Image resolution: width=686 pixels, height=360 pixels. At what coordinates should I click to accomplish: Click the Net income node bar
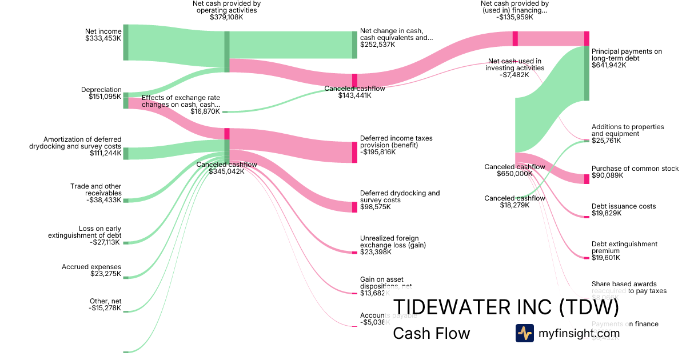[126, 42]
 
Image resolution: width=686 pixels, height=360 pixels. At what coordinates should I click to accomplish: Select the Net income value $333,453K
[103, 39]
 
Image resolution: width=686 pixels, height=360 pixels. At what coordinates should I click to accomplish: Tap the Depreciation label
[101, 90]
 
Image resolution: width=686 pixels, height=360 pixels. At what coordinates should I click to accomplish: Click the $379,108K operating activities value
[226, 17]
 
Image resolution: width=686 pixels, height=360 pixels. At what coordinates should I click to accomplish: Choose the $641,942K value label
[609, 65]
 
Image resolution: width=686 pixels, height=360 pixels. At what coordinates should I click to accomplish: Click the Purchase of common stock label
[635, 169]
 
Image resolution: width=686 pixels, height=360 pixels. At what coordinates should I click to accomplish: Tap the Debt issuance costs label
[624, 206]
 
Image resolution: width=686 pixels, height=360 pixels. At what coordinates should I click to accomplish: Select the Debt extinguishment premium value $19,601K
[606, 258]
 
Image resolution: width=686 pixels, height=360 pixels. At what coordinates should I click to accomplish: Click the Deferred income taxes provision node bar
[354, 152]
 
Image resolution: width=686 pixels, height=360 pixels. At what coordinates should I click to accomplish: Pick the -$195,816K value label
[377, 152]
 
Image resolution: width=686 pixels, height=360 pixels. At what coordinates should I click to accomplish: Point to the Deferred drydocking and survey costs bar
[354, 207]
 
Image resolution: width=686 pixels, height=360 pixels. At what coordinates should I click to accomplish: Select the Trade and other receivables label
[96, 190]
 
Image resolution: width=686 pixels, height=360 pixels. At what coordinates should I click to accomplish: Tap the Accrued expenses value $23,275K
[106, 274]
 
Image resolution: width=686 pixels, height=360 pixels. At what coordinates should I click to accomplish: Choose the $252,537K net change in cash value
[377, 45]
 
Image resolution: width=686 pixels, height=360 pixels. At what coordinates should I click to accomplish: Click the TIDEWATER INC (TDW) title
[505, 307]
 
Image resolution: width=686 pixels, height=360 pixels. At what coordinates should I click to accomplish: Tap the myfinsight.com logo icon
[524, 333]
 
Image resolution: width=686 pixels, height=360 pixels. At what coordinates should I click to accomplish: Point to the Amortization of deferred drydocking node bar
[126, 154]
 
